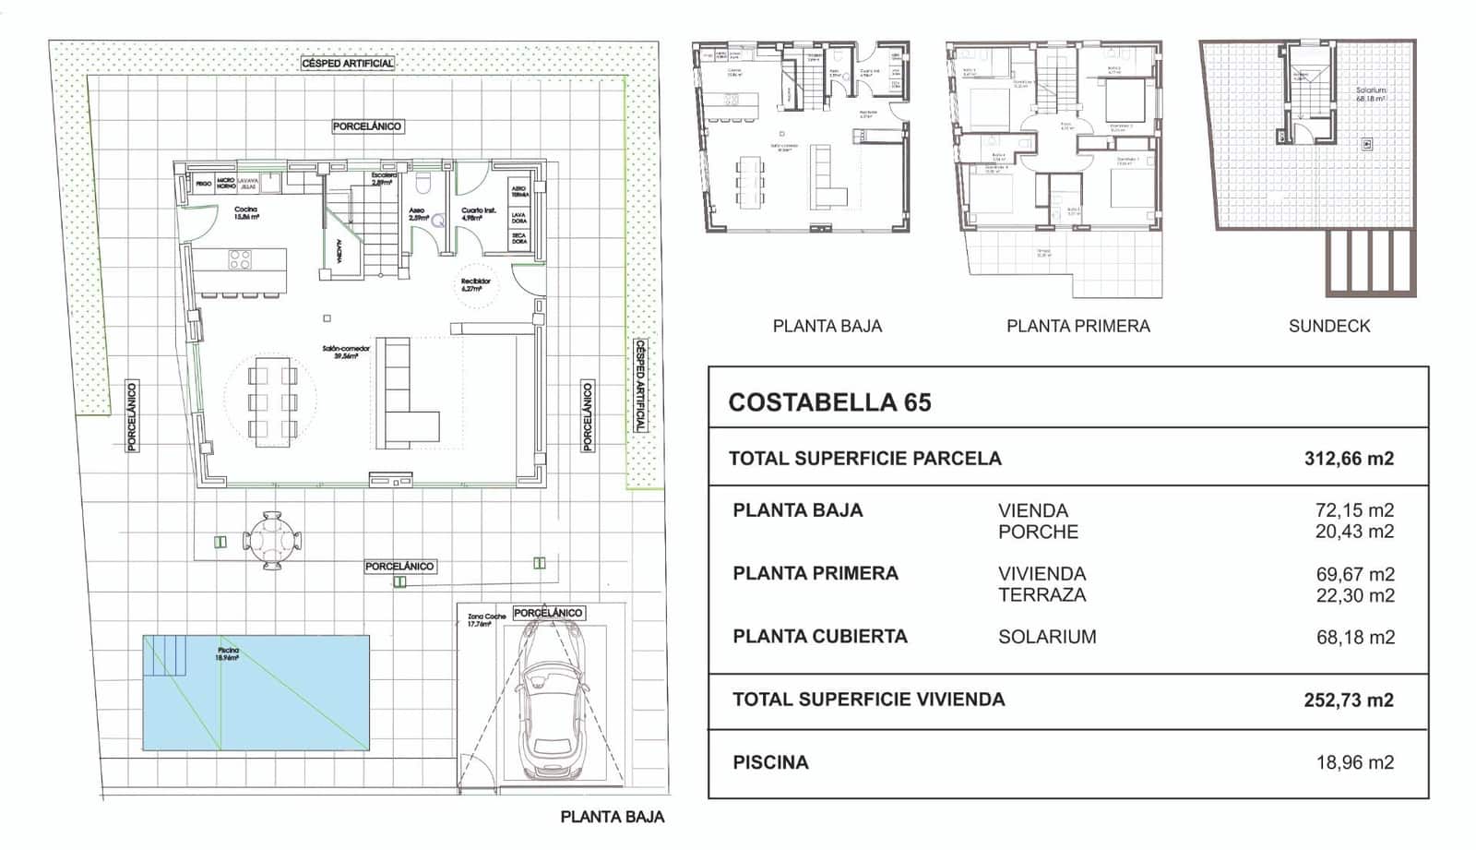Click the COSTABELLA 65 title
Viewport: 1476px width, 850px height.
(829, 402)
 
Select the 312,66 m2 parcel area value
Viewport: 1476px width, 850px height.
(1348, 459)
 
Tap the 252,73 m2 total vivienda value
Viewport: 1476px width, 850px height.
(1348, 700)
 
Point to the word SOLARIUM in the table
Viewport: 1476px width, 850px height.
(1047, 637)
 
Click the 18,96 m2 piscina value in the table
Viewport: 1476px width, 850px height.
(1354, 763)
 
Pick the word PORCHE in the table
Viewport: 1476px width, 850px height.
(1038, 533)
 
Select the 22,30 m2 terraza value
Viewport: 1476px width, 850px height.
(1354, 596)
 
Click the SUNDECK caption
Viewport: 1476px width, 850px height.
(1328, 326)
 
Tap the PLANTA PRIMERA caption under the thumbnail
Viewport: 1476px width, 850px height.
(1077, 326)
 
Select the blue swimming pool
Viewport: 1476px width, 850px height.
(256, 692)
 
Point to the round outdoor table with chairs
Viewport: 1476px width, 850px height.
(271, 540)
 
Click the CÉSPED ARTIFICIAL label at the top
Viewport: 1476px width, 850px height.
(348, 64)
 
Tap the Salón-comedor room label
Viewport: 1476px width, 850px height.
(346, 352)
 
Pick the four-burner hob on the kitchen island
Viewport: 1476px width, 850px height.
(240, 260)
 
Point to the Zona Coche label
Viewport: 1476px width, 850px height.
(485, 619)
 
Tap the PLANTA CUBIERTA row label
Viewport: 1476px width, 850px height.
(819, 637)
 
